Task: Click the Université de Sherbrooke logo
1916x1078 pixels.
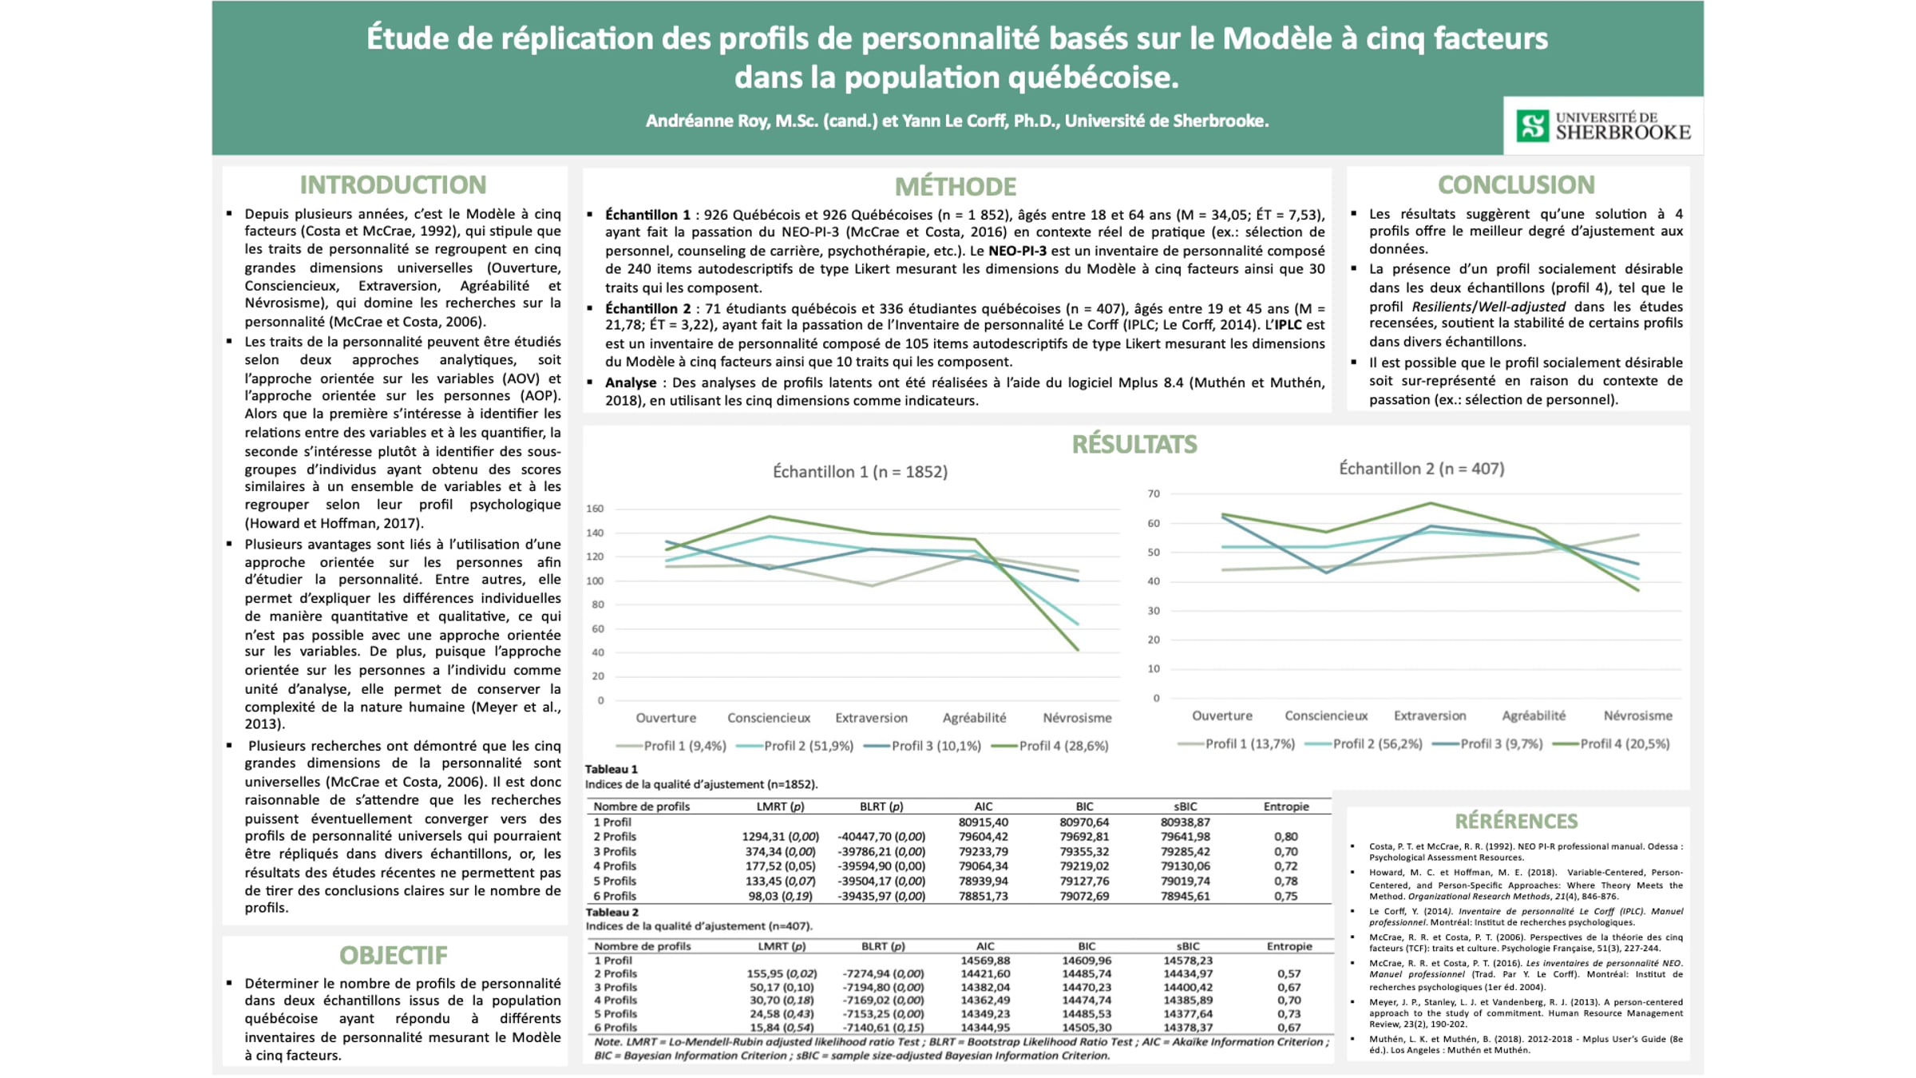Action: tap(1603, 126)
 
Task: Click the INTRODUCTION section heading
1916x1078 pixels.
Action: tap(393, 185)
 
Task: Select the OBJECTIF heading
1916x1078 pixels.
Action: tap(394, 955)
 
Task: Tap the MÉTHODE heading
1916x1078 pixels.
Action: tap(956, 187)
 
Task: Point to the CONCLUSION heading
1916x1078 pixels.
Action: tap(1516, 185)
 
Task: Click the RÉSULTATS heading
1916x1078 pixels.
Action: tap(1134, 445)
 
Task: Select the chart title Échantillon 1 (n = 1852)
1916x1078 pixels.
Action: tap(860, 472)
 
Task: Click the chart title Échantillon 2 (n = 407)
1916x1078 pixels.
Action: tap(1421, 469)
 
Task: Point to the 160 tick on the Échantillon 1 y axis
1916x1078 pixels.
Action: tap(595, 509)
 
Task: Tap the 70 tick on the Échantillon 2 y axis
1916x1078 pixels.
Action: tap(1154, 493)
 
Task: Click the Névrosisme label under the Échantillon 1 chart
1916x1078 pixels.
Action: tap(1077, 718)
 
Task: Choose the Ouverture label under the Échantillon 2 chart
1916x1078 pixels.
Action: tap(1221, 715)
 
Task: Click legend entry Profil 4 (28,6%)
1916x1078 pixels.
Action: tap(1050, 746)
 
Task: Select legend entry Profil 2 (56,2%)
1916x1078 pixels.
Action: tap(1364, 744)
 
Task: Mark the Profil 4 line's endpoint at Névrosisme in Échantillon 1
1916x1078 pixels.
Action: tap(1079, 650)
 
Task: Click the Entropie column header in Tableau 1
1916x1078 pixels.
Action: tap(1286, 807)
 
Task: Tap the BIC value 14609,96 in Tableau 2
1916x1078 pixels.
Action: tap(1086, 961)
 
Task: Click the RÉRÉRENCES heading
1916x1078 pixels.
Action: tap(1516, 821)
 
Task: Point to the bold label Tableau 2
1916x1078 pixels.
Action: tap(612, 912)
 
